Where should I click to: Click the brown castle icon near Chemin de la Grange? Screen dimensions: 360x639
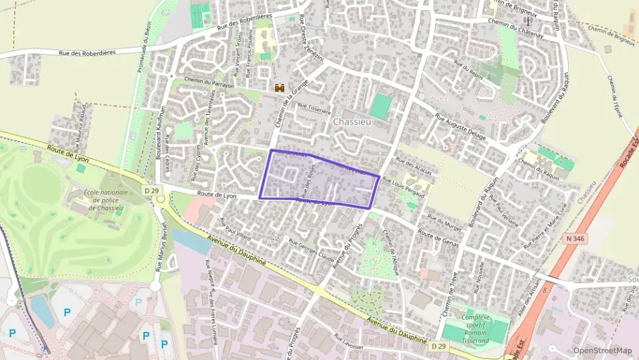[279, 87]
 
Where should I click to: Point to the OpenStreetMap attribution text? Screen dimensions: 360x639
[602, 350]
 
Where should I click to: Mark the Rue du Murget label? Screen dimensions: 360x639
[441, 221]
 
